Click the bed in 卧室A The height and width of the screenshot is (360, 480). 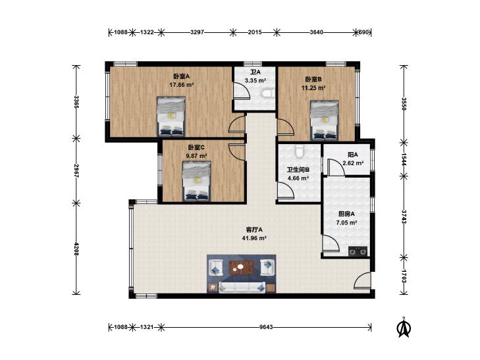pyautogui.click(x=171, y=116)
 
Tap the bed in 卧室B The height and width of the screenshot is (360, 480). pyautogui.click(x=324, y=120)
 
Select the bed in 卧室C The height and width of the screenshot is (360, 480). pyautogui.click(x=196, y=181)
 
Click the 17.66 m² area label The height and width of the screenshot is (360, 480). pyautogui.click(x=182, y=85)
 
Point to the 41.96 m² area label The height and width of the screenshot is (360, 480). pyautogui.click(x=254, y=238)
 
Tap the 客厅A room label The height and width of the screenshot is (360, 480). pyautogui.click(x=254, y=230)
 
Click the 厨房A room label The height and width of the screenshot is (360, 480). pyautogui.click(x=346, y=214)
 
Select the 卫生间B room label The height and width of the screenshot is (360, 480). pyautogui.click(x=298, y=169)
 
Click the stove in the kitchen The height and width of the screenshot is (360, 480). pyautogui.click(x=358, y=251)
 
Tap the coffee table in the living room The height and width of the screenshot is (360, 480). pyautogui.click(x=242, y=268)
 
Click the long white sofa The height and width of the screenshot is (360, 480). pyautogui.click(x=242, y=288)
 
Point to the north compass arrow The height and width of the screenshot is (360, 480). pyautogui.click(x=404, y=327)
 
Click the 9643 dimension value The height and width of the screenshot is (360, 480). pyautogui.click(x=266, y=327)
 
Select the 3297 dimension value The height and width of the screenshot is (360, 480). pyautogui.click(x=197, y=32)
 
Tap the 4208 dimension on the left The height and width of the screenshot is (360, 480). pyautogui.click(x=76, y=249)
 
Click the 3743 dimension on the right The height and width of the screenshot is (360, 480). pyautogui.click(x=404, y=217)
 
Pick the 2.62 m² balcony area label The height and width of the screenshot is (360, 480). pyautogui.click(x=353, y=163)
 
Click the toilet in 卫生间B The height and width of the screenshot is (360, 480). pyautogui.click(x=299, y=151)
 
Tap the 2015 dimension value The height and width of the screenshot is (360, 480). pyautogui.click(x=255, y=32)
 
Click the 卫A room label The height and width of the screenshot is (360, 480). pyautogui.click(x=255, y=72)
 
